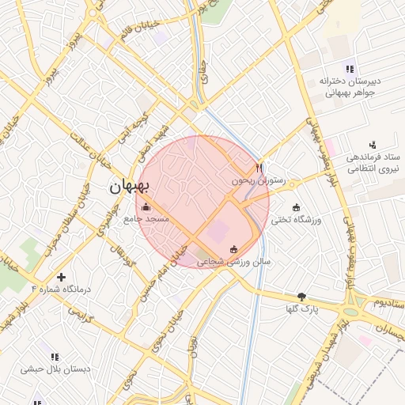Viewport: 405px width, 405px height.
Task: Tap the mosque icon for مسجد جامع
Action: tap(144, 207)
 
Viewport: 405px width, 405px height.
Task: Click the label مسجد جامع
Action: tap(146, 218)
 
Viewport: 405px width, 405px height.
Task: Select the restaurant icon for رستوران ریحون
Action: tap(259, 168)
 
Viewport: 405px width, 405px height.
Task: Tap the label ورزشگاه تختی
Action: tap(297, 219)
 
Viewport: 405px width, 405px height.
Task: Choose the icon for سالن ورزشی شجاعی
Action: tap(233, 249)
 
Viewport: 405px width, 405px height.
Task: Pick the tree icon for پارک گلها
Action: tap(301, 297)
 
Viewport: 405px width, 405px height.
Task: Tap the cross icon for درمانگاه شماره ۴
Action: tap(60, 277)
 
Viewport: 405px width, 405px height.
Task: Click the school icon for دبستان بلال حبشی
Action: tap(55, 357)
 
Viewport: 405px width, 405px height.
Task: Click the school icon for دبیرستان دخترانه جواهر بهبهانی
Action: tap(350, 68)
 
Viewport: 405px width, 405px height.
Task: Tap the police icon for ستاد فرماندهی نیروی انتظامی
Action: tap(373, 144)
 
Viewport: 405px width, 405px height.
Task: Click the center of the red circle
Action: tap(203, 202)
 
